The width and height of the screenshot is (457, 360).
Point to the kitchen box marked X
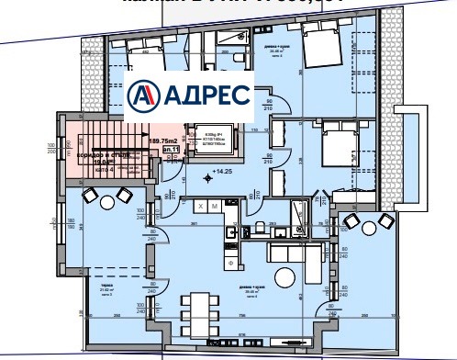tap(200, 207)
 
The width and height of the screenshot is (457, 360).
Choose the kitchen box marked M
tap(214, 207)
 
